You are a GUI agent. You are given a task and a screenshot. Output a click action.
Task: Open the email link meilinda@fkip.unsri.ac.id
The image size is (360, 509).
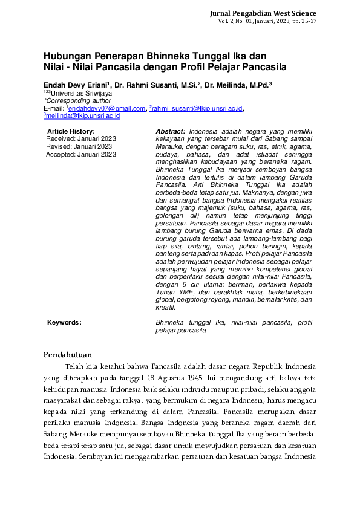coord(83,115)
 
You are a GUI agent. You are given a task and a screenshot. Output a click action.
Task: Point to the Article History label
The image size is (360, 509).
coord(71,131)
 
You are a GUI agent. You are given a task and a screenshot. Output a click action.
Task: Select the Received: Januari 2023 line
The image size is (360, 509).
coord(80,138)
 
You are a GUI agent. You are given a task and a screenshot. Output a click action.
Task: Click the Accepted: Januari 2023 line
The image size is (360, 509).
coord(80,154)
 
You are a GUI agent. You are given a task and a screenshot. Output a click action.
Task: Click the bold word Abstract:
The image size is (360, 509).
coord(171,131)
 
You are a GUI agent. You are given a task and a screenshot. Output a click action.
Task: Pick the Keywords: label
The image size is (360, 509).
coord(64,323)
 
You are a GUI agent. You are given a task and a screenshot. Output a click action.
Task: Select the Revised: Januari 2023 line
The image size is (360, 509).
coord(79,146)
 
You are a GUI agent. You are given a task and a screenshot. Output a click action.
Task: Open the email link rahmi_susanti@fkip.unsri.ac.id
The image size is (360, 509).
coord(197,108)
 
